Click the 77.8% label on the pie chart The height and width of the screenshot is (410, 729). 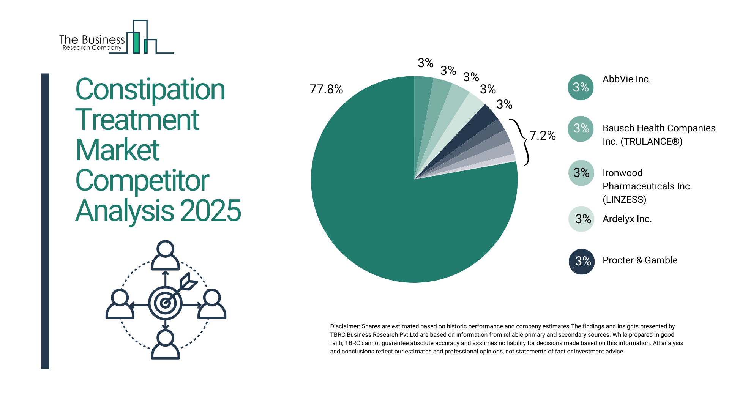point(326,89)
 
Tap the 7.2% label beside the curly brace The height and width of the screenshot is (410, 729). point(542,136)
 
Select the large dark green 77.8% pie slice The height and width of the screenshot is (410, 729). point(399,213)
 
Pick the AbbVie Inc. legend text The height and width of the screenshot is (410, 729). point(626,79)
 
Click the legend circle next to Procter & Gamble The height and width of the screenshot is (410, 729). point(581,261)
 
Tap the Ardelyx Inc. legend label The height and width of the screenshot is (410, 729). point(627,219)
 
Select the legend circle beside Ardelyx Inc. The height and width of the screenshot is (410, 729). point(581,219)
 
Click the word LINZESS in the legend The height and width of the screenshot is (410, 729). point(624,200)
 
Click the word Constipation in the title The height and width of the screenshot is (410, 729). point(150,90)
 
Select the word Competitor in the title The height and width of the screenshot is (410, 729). point(142,181)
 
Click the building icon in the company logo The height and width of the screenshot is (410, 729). point(141,38)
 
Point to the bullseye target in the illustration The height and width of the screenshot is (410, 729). point(165,303)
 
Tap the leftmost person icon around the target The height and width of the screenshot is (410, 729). point(120,304)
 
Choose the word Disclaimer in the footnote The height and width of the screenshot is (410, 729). point(344,326)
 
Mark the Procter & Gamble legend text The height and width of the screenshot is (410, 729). point(640,260)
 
